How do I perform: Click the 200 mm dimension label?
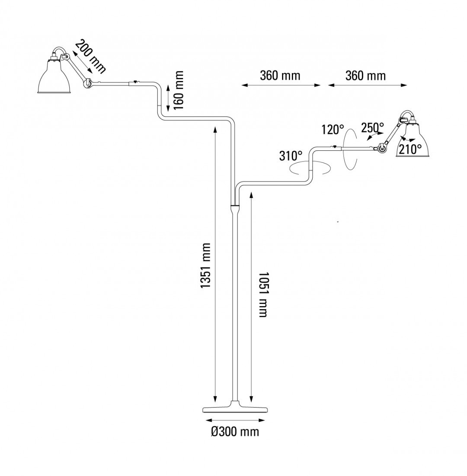click(90, 55)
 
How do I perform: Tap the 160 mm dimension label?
click(178, 90)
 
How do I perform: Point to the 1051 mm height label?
click(263, 295)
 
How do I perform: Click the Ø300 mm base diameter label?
click(235, 432)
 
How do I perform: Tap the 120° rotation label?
click(333, 129)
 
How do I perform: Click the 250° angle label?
click(372, 127)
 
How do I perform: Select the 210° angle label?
click(410, 149)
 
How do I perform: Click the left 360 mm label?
click(280, 76)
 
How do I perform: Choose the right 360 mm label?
click(365, 76)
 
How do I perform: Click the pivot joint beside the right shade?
click(382, 149)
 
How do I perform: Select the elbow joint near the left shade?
click(88, 82)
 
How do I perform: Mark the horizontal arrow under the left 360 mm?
click(281, 85)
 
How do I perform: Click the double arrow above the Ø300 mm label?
click(235, 420)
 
